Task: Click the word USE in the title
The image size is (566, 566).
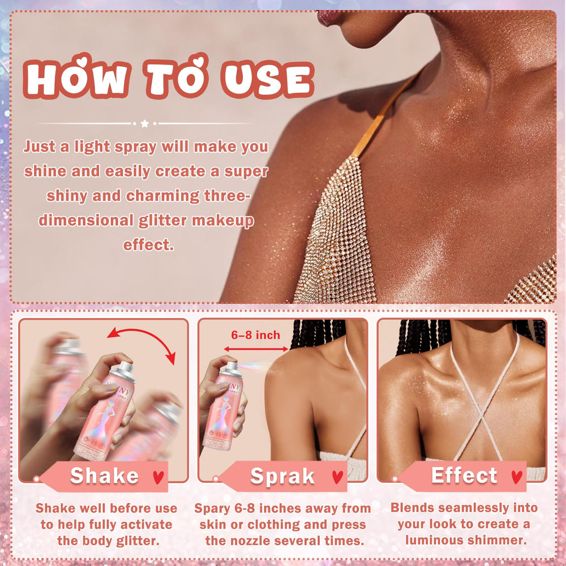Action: pyautogui.click(x=268, y=79)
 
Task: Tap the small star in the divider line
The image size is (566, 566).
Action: pyautogui.click(x=145, y=123)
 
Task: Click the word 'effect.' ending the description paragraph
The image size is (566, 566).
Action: pyautogui.click(x=148, y=245)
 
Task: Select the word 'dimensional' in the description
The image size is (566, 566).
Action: pyautogui.click(x=86, y=220)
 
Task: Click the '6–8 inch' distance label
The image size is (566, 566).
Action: pyautogui.click(x=256, y=335)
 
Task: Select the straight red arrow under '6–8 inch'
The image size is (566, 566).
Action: pyautogui.click(x=256, y=349)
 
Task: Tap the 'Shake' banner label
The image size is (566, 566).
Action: pyautogui.click(x=104, y=475)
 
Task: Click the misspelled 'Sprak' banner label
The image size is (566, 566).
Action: pyautogui.click(x=282, y=476)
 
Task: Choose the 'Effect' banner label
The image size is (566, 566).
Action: pyautogui.click(x=464, y=475)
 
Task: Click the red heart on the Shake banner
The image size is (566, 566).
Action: pyautogui.click(x=158, y=477)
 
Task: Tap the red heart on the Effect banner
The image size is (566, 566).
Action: pyautogui.click(x=517, y=477)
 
